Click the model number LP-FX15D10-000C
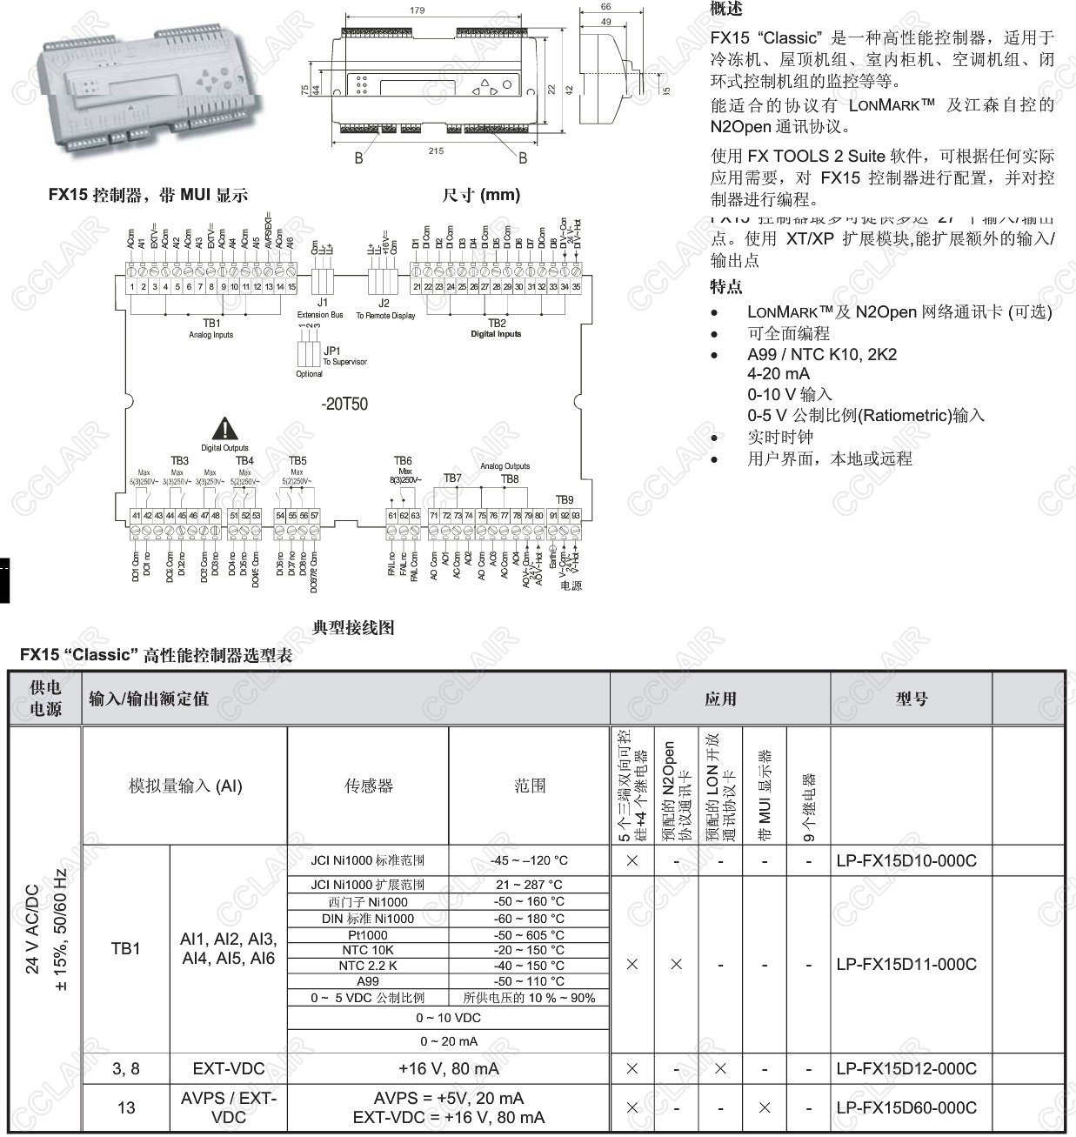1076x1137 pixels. point(906,861)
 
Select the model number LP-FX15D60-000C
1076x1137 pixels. point(906,1107)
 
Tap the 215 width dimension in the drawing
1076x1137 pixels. point(436,150)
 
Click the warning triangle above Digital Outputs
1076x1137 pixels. point(225,428)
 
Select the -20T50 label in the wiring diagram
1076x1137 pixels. point(344,404)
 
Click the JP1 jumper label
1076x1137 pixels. point(331,351)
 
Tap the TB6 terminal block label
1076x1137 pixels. point(403,461)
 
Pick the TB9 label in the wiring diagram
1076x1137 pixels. point(565,499)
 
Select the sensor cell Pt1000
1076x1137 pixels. point(367,935)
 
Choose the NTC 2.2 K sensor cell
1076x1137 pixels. point(367,966)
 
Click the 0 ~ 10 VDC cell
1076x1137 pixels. point(448,1018)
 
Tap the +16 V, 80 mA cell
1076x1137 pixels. point(448,1068)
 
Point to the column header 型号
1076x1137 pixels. point(911,699)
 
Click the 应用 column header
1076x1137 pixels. point(720,699)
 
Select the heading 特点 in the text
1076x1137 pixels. point(726,286)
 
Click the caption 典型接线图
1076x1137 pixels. point(353,627)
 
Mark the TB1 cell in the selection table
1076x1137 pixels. point(126,948)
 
